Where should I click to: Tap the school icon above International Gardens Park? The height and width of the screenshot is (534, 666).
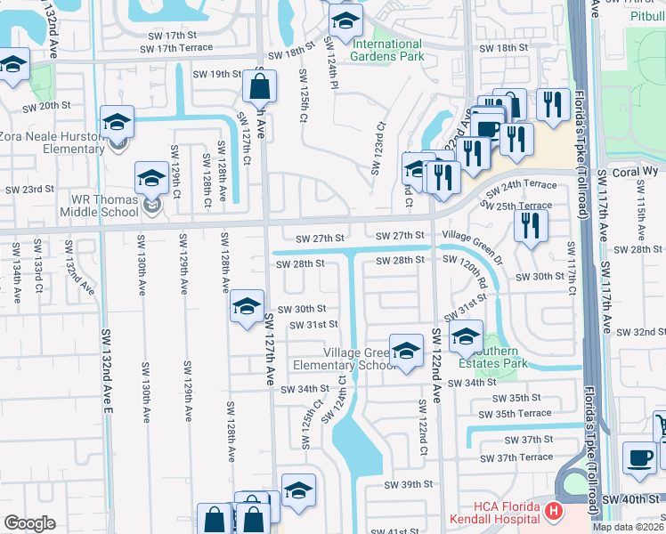tap(346, 20)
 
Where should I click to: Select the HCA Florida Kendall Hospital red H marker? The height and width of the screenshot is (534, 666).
tap(554, 511)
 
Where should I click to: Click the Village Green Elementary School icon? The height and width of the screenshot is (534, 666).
tap(406, 350)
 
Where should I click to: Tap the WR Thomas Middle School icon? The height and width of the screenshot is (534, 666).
tap(151, 179)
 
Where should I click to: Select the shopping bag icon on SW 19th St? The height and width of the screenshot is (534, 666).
tap(259, 87)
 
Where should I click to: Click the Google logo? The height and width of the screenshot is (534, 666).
tap(29, 523)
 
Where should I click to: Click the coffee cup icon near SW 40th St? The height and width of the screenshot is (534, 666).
tap(638, 457)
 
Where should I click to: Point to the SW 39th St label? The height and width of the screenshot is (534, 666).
tap(409, 485)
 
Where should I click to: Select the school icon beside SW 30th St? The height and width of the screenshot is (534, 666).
tap(247, 307)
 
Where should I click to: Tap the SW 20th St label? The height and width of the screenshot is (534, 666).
tap(45, 105)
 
